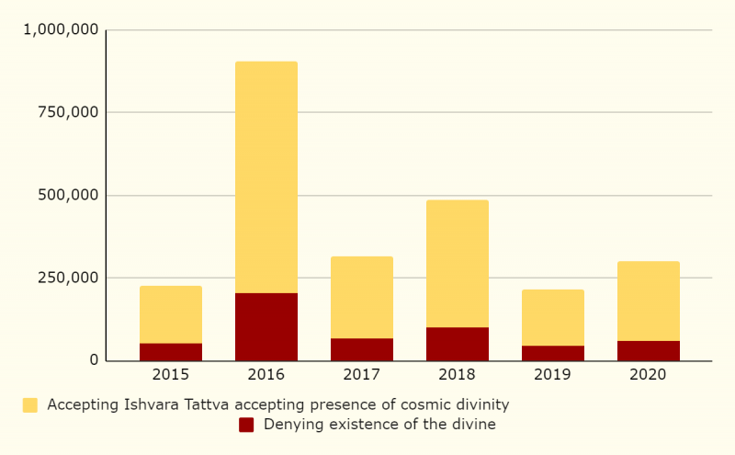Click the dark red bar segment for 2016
pyautogui.click(x=266, y=326)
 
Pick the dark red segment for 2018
pyautogui.click(x=458, y=344)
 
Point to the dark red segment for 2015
pyautogui.click(x=171, y=352)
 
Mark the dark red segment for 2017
pyautogui.click(x=362, y=349)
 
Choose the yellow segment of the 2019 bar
pyautogui.click(x=553, y=318)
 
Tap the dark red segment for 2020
pyautogui.click(x=649, y=350)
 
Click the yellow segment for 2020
pyautogui.click(x=649, y=301)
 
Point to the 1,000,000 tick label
pyautogui.click(x=61, y=29)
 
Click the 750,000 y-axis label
pyautogui.click(x=69, y=112)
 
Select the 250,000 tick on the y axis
pyautogui.click(x=69, y=278)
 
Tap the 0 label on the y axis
pyautogui.click(x=94, y=360)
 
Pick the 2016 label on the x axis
pyautogui.click(x=266, y=375)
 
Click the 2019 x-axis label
pyautogui.click(x=553, y=375)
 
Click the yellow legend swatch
pyautogui.click(x=30, y=404)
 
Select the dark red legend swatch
pyautogui.click(x=246, y=425)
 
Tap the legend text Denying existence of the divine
pyautogui.click(x=379, y=425)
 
